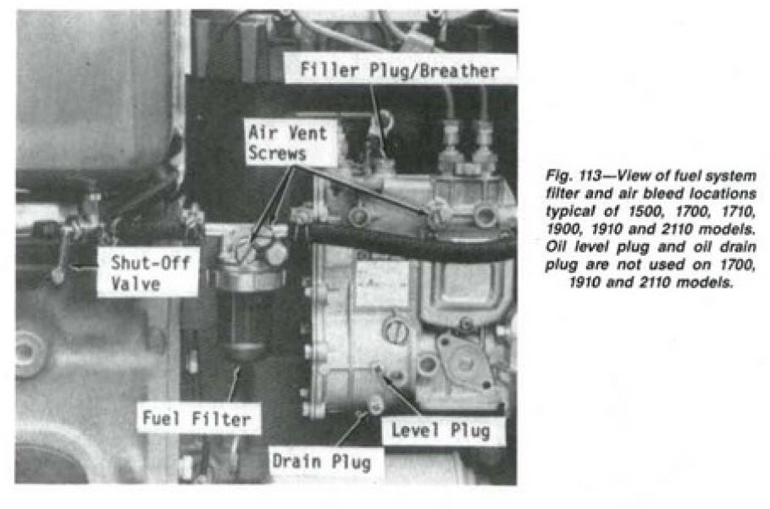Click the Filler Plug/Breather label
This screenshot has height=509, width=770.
pos(399,69)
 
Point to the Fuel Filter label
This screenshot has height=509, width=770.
pos(197,418)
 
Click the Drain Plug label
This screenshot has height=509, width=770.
pos(322,462)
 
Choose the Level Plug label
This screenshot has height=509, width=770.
pos(441,430)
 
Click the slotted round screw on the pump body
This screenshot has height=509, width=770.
pos(396,331)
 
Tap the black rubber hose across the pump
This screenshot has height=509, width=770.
pos(407,242)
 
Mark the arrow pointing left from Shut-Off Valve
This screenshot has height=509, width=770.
pos(84,268)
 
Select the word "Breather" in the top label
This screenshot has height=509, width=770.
pos(459,70)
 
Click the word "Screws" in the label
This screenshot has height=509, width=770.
pos(278,153)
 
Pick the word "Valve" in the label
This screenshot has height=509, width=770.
pos(136,283)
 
